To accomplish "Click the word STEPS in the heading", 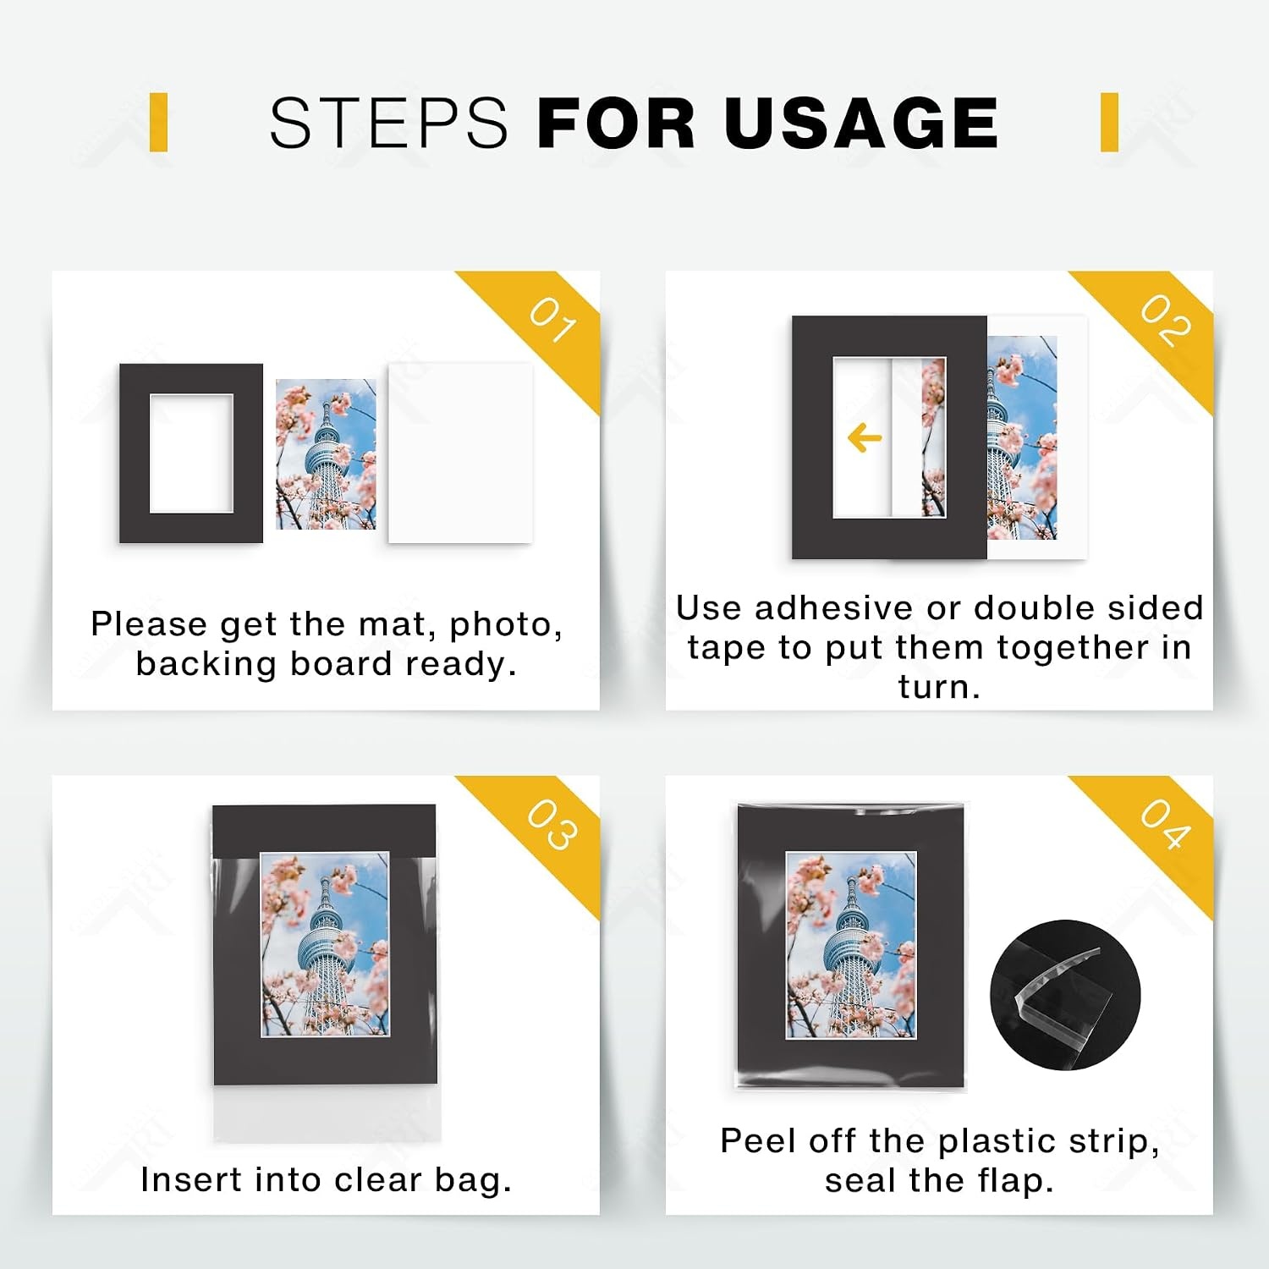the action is (387, 123).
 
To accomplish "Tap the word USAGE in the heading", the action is (861, 123).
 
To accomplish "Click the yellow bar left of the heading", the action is (158, 123).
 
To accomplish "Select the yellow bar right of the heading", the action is (1110, 123).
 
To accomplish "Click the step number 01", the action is (553, 321).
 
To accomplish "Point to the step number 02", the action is (1167, 321).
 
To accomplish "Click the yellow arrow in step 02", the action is (865, 438).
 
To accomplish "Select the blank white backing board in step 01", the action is (460, 453).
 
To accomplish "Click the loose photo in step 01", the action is (326, 454).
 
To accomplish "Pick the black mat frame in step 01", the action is (134, 453).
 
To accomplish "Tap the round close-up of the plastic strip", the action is (1065, 995).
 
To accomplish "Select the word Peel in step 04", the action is (758, 1140).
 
